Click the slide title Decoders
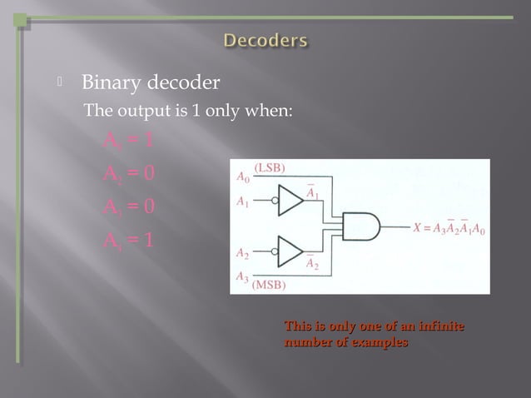pyautogui.click(x=265, y=40)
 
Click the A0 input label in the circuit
pyautogui.click(x=242, y=177)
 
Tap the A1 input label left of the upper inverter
pyautogui.click(x=242, y=201)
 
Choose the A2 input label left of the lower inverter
pyautogui.click(x=242, y=251)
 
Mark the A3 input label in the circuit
pyautogui.click(x=242, y=276)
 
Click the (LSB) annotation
pyautogui.click(x=270, y=167)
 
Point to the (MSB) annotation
pyautogui.click(x=270, y=285)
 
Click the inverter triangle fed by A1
pyautogui.click(x=290, y=201)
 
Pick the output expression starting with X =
pyautogui.click(x=449, y=226)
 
